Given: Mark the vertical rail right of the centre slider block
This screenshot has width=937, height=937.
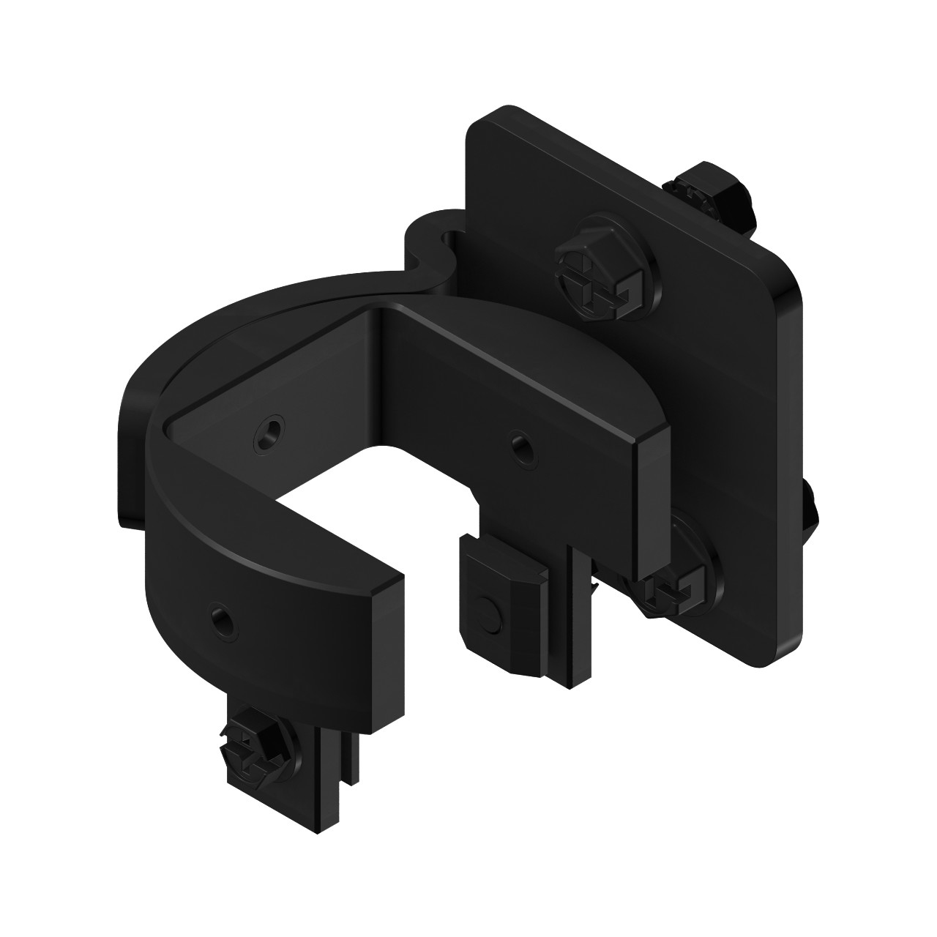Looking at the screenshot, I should (578, 630).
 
